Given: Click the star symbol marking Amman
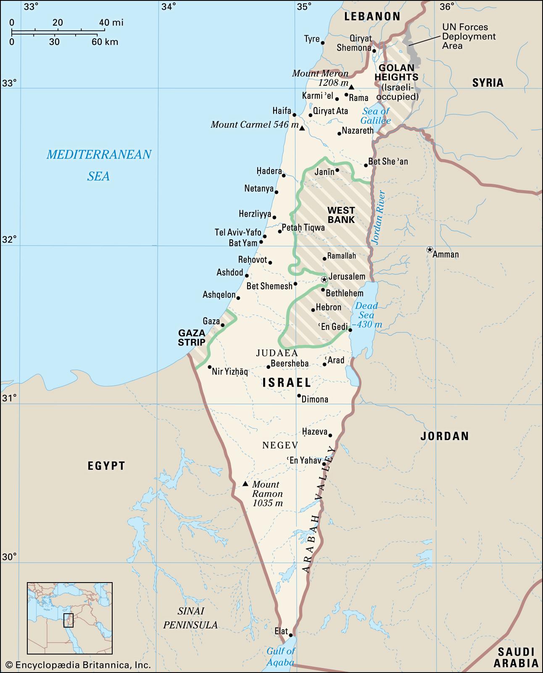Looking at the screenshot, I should pyautogui.click(x=430, y=249).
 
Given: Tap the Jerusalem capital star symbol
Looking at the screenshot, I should pyautogui.click(x=324, y=279).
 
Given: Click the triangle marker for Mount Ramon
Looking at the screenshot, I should pyautogui.click(x=245, y=484).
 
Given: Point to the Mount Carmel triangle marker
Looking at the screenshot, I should pyautogui.click(x=302, y=128).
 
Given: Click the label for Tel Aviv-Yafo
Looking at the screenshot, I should pyautogui.click(x=238, y=232).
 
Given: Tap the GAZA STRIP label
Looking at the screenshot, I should pyautogui.click(x=191, y=337).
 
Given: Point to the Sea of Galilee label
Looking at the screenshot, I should pyautogui.click(x=376, y=116).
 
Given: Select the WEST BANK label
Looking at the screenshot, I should pyautogui.click(x=341, y=215).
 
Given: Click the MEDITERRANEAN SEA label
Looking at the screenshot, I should pyautogui.click(x=99, y=165).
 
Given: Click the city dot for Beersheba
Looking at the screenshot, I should pyautogui.click(x=268, y=367).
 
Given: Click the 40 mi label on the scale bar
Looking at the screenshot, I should pyautogui.click(x=111, y=22).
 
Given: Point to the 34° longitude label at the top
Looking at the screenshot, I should pyautogui.click(x=169, y=6).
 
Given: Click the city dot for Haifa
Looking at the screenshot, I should pyautogui.click(x=295, y=115).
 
